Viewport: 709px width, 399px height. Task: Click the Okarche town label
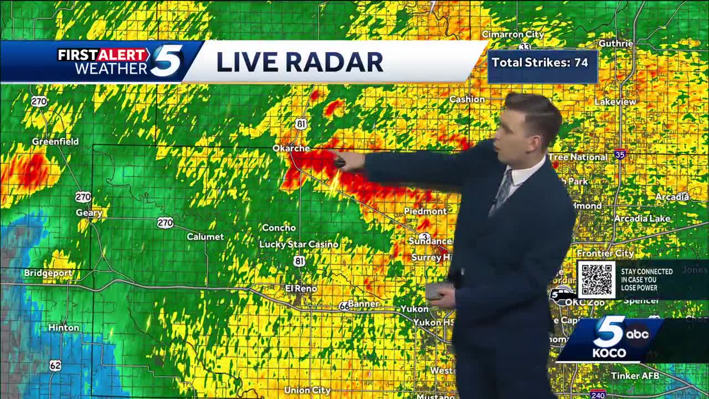point(291,149)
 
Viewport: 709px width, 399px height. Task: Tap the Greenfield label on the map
point(55,141)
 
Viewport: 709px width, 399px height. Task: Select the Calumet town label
point(205,237)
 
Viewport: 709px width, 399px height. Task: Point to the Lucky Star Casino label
point(299,244)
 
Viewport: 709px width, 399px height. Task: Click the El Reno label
point(301,289)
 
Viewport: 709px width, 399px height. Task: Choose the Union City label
point(307,391)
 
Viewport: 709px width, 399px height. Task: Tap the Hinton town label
point(63,328)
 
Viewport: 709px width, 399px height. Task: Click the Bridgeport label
point(48,273)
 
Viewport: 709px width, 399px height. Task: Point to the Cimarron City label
point(512,34)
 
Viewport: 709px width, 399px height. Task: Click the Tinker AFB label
point(635,376)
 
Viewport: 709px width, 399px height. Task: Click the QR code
point(597,279)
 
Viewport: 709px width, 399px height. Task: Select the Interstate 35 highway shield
point(620,155)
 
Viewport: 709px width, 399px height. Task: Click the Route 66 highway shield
point(345,306)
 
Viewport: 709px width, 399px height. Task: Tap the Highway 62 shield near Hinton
point(55,365)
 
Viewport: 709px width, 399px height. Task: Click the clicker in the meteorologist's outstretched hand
point(340,162)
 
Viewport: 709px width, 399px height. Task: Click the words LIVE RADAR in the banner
point(299,62)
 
